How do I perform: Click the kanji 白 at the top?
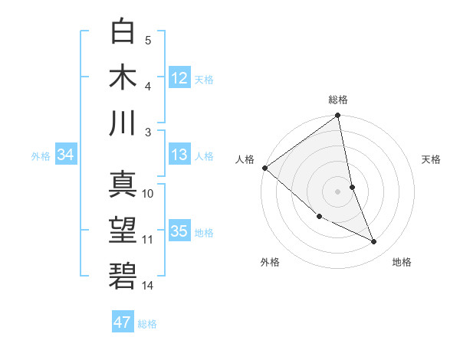coord(123,33)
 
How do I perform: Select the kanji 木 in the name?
coord(123,77)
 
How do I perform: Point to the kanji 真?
coord(123,185)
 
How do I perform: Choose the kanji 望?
coord(123,231)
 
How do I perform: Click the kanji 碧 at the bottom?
coord(123,276)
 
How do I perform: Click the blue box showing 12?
coord(179,77)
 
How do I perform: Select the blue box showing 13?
coord(179,155)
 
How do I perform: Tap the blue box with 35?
coord(179,231)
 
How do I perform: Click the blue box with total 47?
coord(122,322)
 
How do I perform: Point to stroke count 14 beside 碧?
coord(148,285)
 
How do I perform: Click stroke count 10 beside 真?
coord(148,193)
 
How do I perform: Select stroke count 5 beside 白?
coord(148,40)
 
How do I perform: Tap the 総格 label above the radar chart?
coord(338,100)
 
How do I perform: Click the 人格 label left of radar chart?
coord(245,159)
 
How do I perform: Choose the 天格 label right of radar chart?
coord(432,159)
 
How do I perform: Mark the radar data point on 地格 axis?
coord(374,242)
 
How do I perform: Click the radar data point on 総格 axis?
coord(338,116)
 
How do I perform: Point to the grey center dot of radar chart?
coord(338,191)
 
